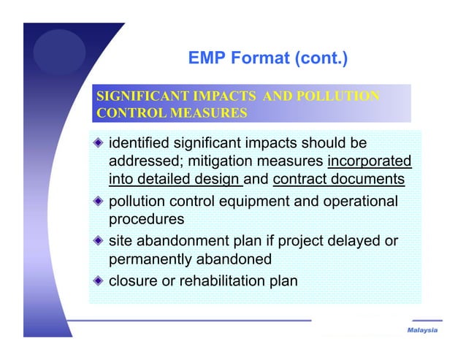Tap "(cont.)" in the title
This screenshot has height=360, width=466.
(x=314, y=58)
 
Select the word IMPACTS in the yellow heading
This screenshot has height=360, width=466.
(x=208, y=97)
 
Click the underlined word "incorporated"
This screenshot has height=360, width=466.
(x=370, y=161)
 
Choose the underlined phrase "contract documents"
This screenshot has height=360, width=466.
(x=338, y=179)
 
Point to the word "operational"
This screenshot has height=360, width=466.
(x=363, y=201)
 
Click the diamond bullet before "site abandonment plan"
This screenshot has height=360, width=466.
(x=98, y=240)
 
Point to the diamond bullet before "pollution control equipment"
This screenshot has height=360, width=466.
(x=98, y=201)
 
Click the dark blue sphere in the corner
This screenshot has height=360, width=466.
(x=59, y=51)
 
